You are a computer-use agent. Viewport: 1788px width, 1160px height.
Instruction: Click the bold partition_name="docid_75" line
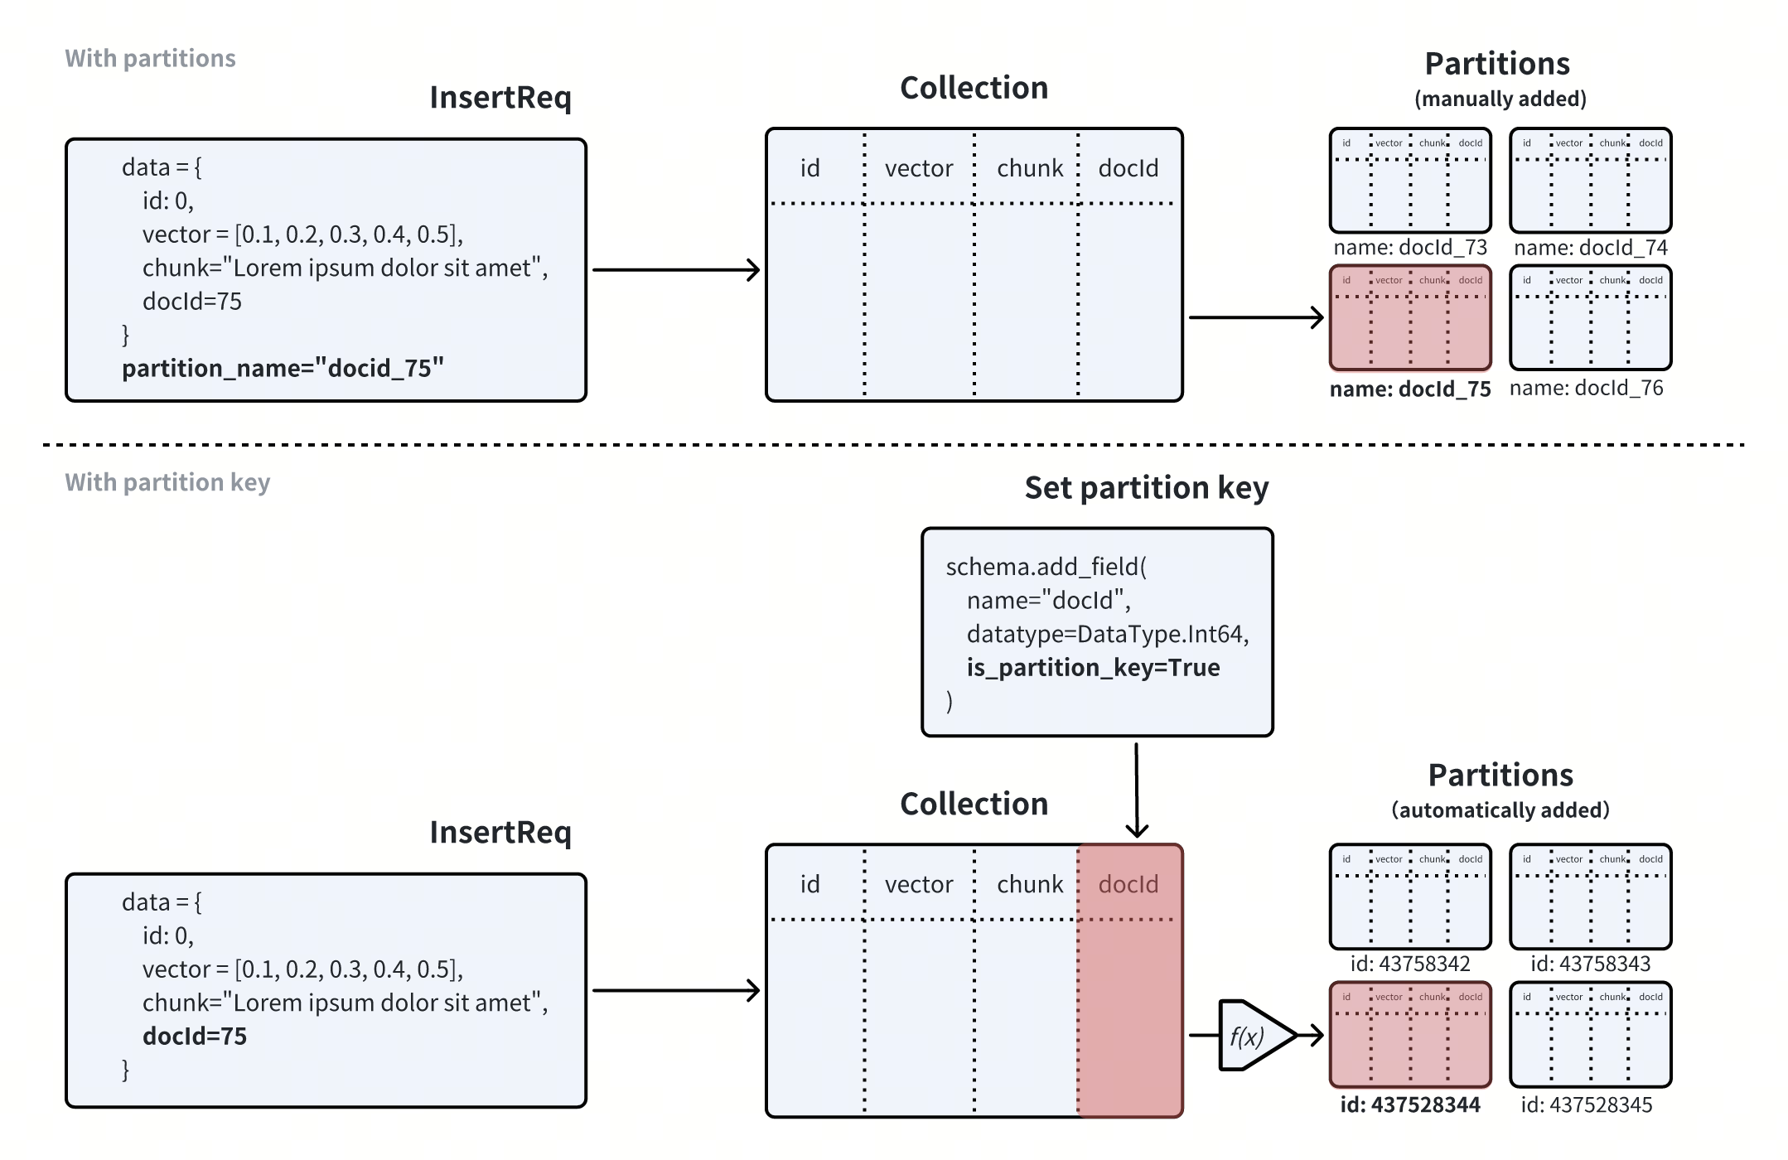(x=283, y=368)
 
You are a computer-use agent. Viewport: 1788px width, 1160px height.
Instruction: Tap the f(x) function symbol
(x=1248, y=1036)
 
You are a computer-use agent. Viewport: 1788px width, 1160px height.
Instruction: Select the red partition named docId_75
(x=1410, y=318)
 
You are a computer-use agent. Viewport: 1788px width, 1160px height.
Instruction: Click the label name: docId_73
(x=1410, y=248)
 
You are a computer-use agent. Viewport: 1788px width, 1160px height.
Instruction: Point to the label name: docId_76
(x=1586, y=388)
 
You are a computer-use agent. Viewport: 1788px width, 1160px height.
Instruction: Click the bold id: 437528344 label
(x=1410, y=1104)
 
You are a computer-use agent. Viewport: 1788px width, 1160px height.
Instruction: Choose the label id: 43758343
(x=1590, y=964)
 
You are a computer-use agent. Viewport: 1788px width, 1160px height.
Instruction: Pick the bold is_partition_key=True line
(x=1093, y=668)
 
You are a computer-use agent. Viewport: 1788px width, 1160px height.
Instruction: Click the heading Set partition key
(x=1146, y=488)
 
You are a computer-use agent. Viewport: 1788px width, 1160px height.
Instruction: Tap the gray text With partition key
(x=167, y=482)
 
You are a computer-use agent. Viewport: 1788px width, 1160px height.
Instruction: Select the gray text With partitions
(x=150, y=58)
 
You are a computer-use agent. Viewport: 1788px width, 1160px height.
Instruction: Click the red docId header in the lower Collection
(x=1128, y=885)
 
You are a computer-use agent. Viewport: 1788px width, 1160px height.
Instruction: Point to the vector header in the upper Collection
(x=918, y=169)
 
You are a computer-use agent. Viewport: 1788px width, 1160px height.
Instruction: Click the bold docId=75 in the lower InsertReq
(x=195, y=1037)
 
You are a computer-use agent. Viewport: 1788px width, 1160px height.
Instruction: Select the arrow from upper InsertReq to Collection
(x=675, y=270)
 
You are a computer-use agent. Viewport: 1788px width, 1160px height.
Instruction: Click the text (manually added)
(x=1500, y=99)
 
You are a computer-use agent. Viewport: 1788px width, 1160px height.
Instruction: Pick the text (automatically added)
(x=1500, y=810)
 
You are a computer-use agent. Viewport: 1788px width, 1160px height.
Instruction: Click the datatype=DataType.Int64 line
(x=1107, y=635)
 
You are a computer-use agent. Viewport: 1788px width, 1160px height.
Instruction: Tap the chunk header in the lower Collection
(x=1029, y=885)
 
